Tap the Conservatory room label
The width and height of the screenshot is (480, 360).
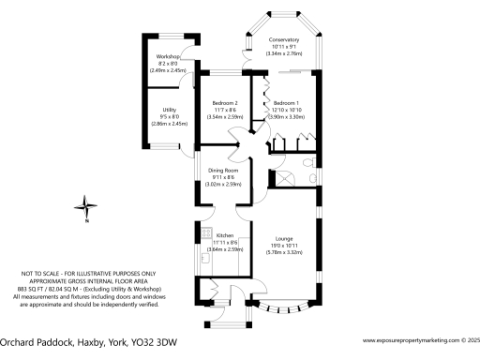coord(283,40)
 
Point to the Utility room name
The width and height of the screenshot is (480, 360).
coord(170,109)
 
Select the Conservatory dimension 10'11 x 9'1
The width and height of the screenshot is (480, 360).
coord(283,48)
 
